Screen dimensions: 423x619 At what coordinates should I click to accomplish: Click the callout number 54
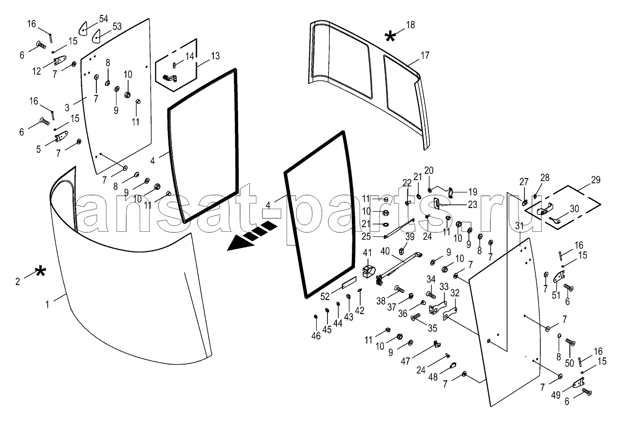(x=103, y=19)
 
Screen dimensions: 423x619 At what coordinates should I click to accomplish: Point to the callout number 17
(x=424, y=56)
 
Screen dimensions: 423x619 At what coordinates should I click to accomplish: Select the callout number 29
(x=595, y=180)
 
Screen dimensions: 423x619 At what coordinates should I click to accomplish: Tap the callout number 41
(x=367, y=254)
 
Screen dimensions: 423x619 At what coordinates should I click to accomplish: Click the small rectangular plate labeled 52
(x=349, y=283)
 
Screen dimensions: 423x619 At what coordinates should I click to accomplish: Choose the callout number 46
(x=316, y=336)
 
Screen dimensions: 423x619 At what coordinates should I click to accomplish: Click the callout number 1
(x=47, y=304)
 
